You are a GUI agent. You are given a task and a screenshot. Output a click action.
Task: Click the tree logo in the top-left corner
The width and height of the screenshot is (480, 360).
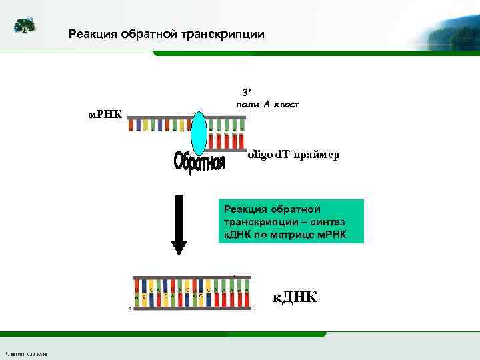click(25, 26)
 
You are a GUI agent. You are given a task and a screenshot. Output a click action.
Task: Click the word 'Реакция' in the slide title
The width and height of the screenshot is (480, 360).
click(94, 33)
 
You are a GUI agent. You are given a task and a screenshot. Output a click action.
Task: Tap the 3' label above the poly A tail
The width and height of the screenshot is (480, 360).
click(246, 91)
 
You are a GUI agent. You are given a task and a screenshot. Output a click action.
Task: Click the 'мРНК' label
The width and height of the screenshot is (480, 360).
click(105, 114)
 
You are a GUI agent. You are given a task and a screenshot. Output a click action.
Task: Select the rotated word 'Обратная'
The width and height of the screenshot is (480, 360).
click(199, 162)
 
